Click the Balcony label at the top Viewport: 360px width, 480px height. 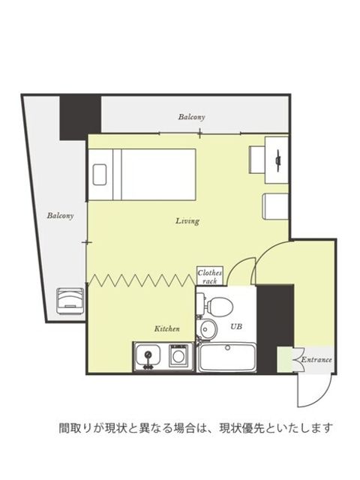(192, 117)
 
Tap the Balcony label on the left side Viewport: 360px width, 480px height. (60, 216)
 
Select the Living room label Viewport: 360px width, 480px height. (187, 221)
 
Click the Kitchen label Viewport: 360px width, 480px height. (166, 329)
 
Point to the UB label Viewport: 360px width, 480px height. (236, 327)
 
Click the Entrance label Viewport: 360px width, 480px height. (316, 360)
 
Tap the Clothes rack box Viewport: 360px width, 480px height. (210, 276)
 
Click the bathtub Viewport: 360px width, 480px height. (227, 358)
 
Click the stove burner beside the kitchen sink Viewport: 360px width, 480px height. (178, 355)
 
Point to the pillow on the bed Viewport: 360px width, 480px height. (100, 175)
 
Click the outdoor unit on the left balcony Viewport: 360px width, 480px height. (70, 301)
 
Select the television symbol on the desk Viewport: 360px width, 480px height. (278, 160)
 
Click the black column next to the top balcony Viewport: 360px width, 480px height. (80, 118)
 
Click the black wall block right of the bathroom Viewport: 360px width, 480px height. (275, 328)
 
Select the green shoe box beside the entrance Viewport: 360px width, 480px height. (285, 359)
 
